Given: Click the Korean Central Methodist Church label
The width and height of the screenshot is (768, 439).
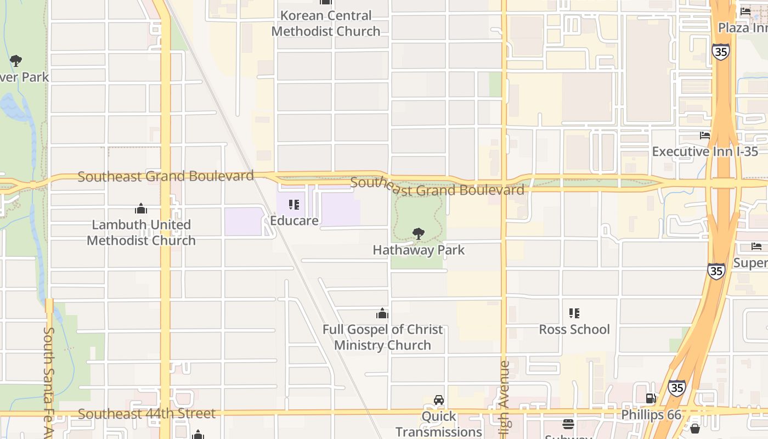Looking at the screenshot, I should click(326, 24).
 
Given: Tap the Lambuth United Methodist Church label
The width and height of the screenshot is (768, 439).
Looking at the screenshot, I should click(141, 233).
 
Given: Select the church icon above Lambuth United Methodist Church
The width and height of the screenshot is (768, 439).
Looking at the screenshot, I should click(141, 209).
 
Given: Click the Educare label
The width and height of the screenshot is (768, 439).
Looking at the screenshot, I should click(294, 221).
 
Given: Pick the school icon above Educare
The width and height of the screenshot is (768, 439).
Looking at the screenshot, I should click(294, 205).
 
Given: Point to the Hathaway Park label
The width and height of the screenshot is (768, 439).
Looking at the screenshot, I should click(419, 250).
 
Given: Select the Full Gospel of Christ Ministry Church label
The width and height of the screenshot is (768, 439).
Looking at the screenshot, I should click(382, 337).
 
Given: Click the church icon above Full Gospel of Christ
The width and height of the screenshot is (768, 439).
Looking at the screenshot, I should click(382, 314).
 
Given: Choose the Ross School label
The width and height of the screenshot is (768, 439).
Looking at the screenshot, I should click(574, 329).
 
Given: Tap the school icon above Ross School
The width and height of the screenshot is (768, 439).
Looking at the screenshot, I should click(574, 313).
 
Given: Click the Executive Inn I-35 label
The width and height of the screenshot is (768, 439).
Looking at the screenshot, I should click(705, 151).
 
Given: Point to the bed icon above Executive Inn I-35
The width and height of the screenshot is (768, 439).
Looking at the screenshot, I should click(705, 136).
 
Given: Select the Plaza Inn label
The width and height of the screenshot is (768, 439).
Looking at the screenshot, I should click(743, 27).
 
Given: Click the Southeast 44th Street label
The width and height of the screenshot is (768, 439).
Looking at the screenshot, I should click(146, 414).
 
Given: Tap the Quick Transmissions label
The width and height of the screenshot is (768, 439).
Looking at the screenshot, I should click(438, 424).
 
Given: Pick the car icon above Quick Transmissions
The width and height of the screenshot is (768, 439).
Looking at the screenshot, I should click(439, 400).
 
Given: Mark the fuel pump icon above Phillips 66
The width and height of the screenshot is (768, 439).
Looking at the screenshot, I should click(651, 399).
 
